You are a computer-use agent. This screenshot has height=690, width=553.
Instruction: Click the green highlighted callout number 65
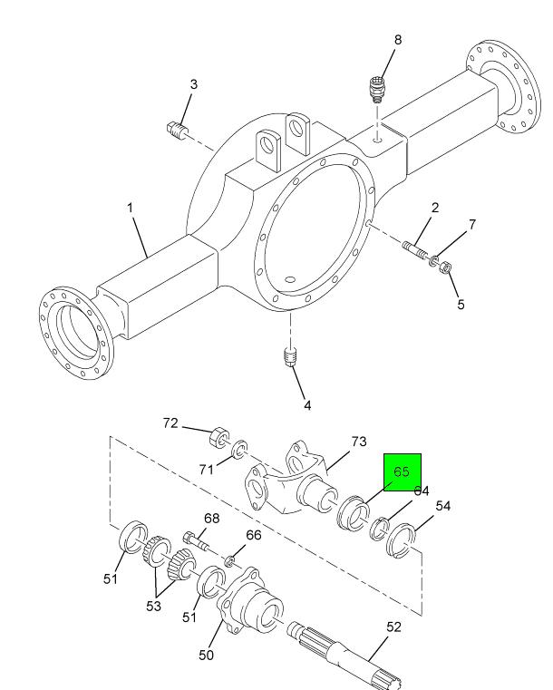(x=402, y=471)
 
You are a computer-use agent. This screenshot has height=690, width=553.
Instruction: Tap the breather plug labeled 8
(x=376, y=90)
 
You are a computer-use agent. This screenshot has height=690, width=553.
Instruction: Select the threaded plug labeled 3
(x=178, y=131)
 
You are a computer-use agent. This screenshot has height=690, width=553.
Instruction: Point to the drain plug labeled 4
(x=290, y=357)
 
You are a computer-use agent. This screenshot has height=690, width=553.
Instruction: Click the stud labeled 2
(x=414, y=250)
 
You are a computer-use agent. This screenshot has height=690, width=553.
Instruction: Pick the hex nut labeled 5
(x=445, y=267)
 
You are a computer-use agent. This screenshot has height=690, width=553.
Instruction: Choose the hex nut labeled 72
(x=219, y=436)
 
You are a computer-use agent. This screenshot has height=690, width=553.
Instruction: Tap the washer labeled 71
(x=239, y=449)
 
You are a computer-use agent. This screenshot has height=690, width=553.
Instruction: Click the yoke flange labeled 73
(x=291, y=483)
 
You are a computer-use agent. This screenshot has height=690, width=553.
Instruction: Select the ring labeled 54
(x=402, y=539)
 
